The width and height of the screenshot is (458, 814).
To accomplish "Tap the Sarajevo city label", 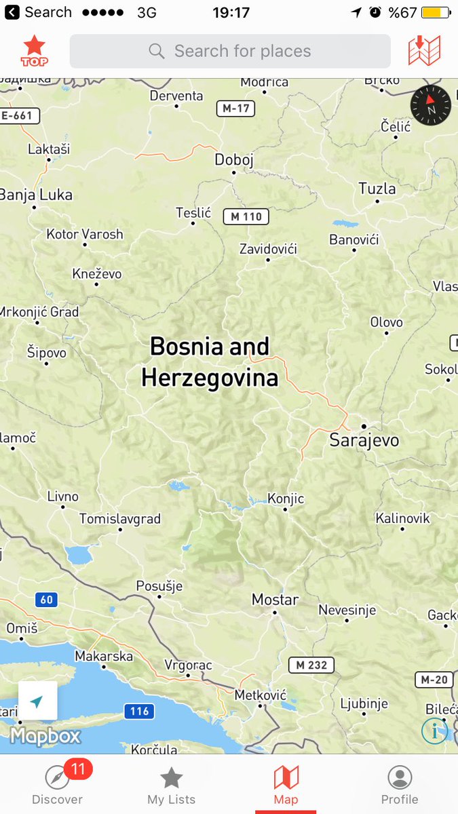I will [364, 440].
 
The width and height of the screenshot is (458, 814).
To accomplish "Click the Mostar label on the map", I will [275, 600].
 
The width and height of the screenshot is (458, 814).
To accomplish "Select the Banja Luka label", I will [36, 195].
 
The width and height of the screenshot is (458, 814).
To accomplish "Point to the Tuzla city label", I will [377, 189].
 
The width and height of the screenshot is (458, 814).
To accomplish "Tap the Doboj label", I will [233, 160].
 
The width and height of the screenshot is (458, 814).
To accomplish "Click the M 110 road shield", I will [246, 217].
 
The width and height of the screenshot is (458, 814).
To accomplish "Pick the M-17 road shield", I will [235, 109].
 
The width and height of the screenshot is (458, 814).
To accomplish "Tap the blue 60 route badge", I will [46, 600].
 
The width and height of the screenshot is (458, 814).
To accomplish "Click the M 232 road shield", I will [312, 665].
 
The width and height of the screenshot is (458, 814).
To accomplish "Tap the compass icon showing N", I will [430, 106].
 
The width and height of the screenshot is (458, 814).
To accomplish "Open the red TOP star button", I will [34, 51].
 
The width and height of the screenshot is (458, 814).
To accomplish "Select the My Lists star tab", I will [171, 785].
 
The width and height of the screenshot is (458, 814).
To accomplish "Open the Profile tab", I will [400, 785].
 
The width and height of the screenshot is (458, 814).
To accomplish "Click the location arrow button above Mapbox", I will [37, 701].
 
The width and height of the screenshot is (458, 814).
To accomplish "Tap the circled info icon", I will [434, 731].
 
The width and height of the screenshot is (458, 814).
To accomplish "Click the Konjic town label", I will [286, 499].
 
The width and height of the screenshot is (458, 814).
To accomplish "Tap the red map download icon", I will [424, 51].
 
